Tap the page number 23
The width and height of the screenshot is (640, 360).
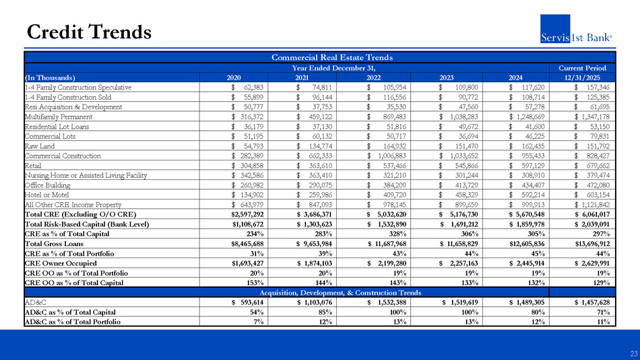click(633, 353)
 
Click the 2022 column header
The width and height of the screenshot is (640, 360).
click(375, 77)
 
